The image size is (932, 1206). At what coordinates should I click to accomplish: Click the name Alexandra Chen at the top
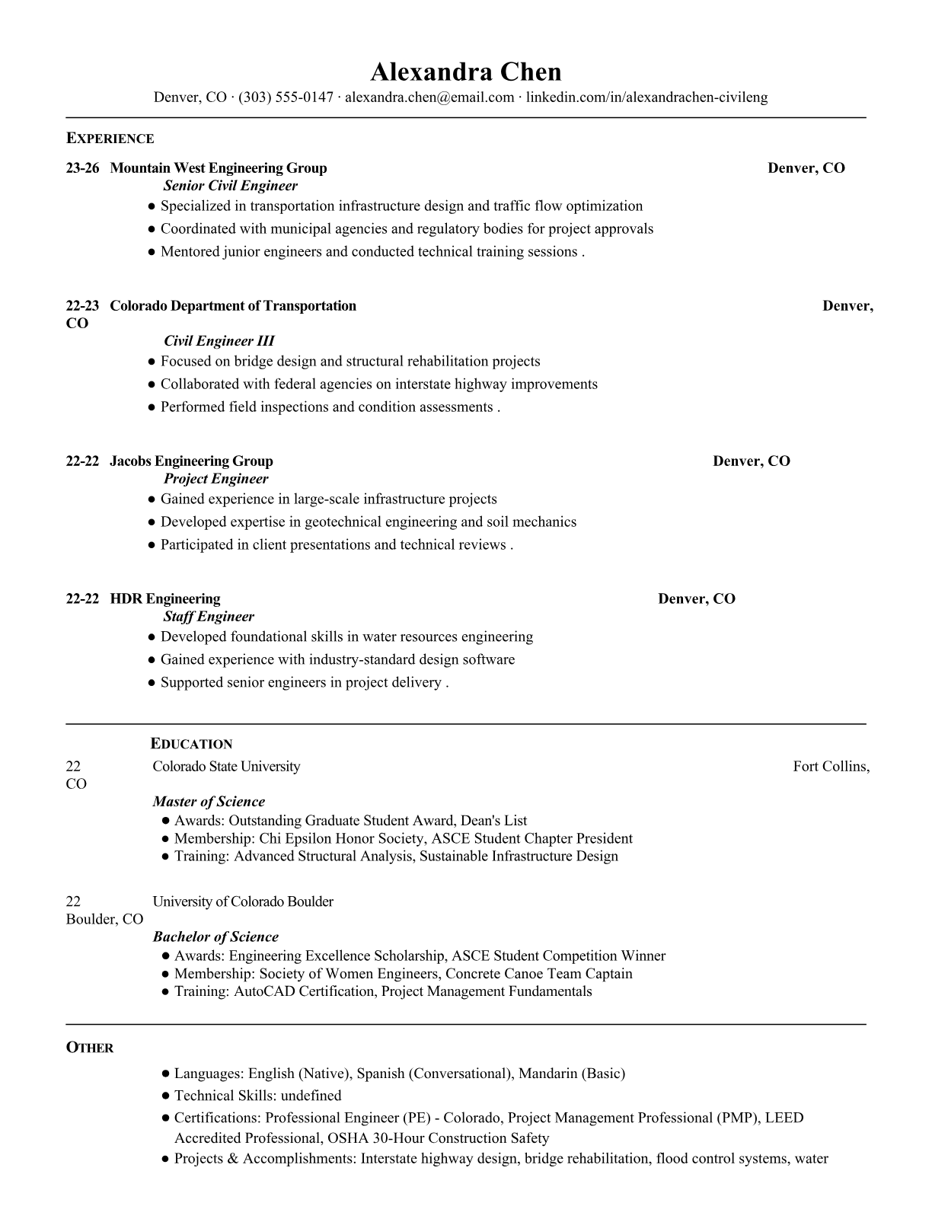tap(465, 72)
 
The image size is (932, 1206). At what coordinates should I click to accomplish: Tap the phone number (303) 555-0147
tap(286, 97)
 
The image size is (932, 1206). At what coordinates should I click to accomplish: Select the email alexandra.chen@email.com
tap(429, 97)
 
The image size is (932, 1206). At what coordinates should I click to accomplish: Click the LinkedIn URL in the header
tap(646, 97)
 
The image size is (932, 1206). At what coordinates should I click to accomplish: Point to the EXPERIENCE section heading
tap(110, 139)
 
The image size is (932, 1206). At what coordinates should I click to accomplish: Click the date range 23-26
tap(82, 168)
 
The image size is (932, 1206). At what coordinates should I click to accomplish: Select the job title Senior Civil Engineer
tap(230, 186)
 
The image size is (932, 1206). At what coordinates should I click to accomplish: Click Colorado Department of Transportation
tap(233, 306)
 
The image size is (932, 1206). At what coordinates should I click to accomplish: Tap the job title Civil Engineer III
tap(219, 341)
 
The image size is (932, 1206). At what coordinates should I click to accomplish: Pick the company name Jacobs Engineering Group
tap(191, 461)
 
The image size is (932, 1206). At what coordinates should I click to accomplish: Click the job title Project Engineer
tap(215, 479)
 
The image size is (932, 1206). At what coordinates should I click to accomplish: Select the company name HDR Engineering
tap(165, 599)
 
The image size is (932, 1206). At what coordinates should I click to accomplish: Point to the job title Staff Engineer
tap(209, 617)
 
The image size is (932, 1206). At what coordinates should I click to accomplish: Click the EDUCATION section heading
tap(191, 744)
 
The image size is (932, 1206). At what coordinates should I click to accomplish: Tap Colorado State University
tap(226, 767)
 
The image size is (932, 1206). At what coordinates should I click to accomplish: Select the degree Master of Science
tap(209, 802)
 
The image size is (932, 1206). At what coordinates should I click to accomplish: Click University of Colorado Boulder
tap(243, 902)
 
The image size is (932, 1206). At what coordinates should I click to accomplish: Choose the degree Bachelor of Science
tap(215, 937)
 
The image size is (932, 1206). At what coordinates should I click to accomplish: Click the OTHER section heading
tap(90, 1048)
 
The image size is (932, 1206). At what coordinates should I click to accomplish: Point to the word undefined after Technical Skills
tap(311, 1096)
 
